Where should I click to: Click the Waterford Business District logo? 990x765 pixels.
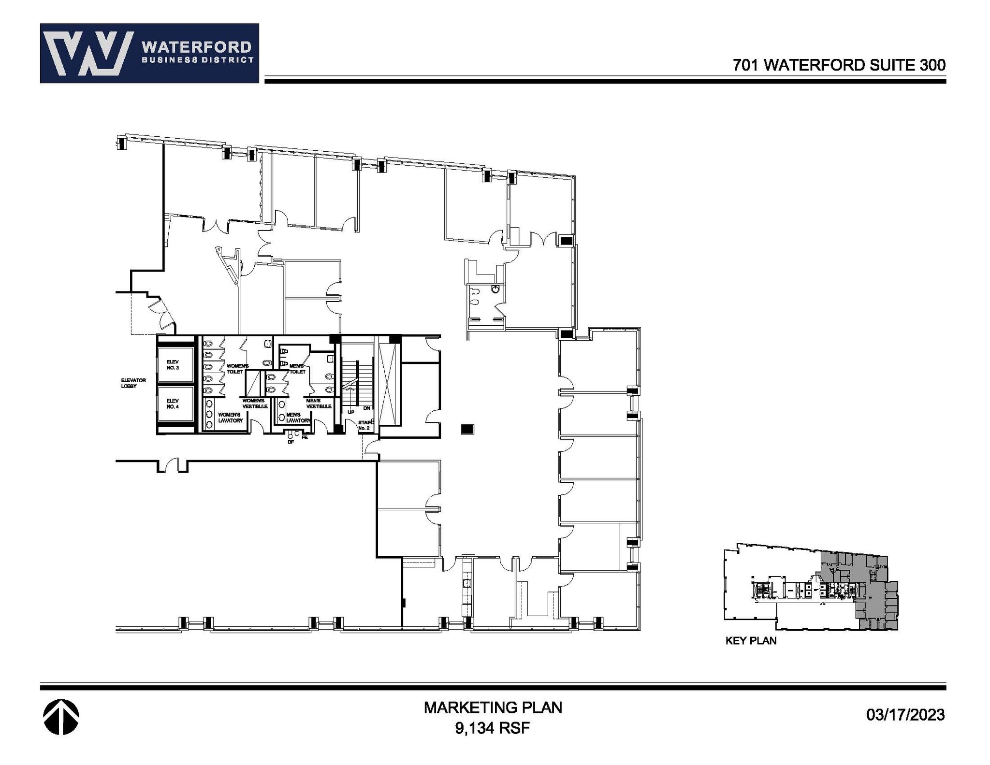click(x=149, y=53)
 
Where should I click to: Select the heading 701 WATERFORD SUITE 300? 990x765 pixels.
click(x=839, y=65)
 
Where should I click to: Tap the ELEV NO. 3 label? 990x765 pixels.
click(x=173, y=365)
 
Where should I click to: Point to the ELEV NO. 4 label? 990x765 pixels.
click(x=173, y=404)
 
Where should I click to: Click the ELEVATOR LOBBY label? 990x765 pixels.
click(x=133, y=383)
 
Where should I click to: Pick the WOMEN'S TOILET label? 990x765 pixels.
click(x=237, y=369)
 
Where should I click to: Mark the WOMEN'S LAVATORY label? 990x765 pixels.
click(x=230, y=418)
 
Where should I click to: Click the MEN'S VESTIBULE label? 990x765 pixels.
click(x=319, y=404)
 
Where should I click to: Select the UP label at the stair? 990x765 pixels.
click(x=351, y=412)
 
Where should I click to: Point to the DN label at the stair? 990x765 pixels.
click(x=367, y=408)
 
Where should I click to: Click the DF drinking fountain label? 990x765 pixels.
click(x=291, y=442)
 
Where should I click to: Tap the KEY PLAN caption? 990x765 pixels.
click(x=751, y=641)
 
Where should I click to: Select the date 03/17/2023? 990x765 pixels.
click(x=905, y=714)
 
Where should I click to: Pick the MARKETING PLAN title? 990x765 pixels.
click(x=493, y=707)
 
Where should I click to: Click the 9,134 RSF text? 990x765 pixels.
click(x=492, y=728)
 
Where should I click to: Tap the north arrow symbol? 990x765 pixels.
click(x=61, y=717)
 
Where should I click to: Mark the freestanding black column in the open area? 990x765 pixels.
click(x=467, y=429)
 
